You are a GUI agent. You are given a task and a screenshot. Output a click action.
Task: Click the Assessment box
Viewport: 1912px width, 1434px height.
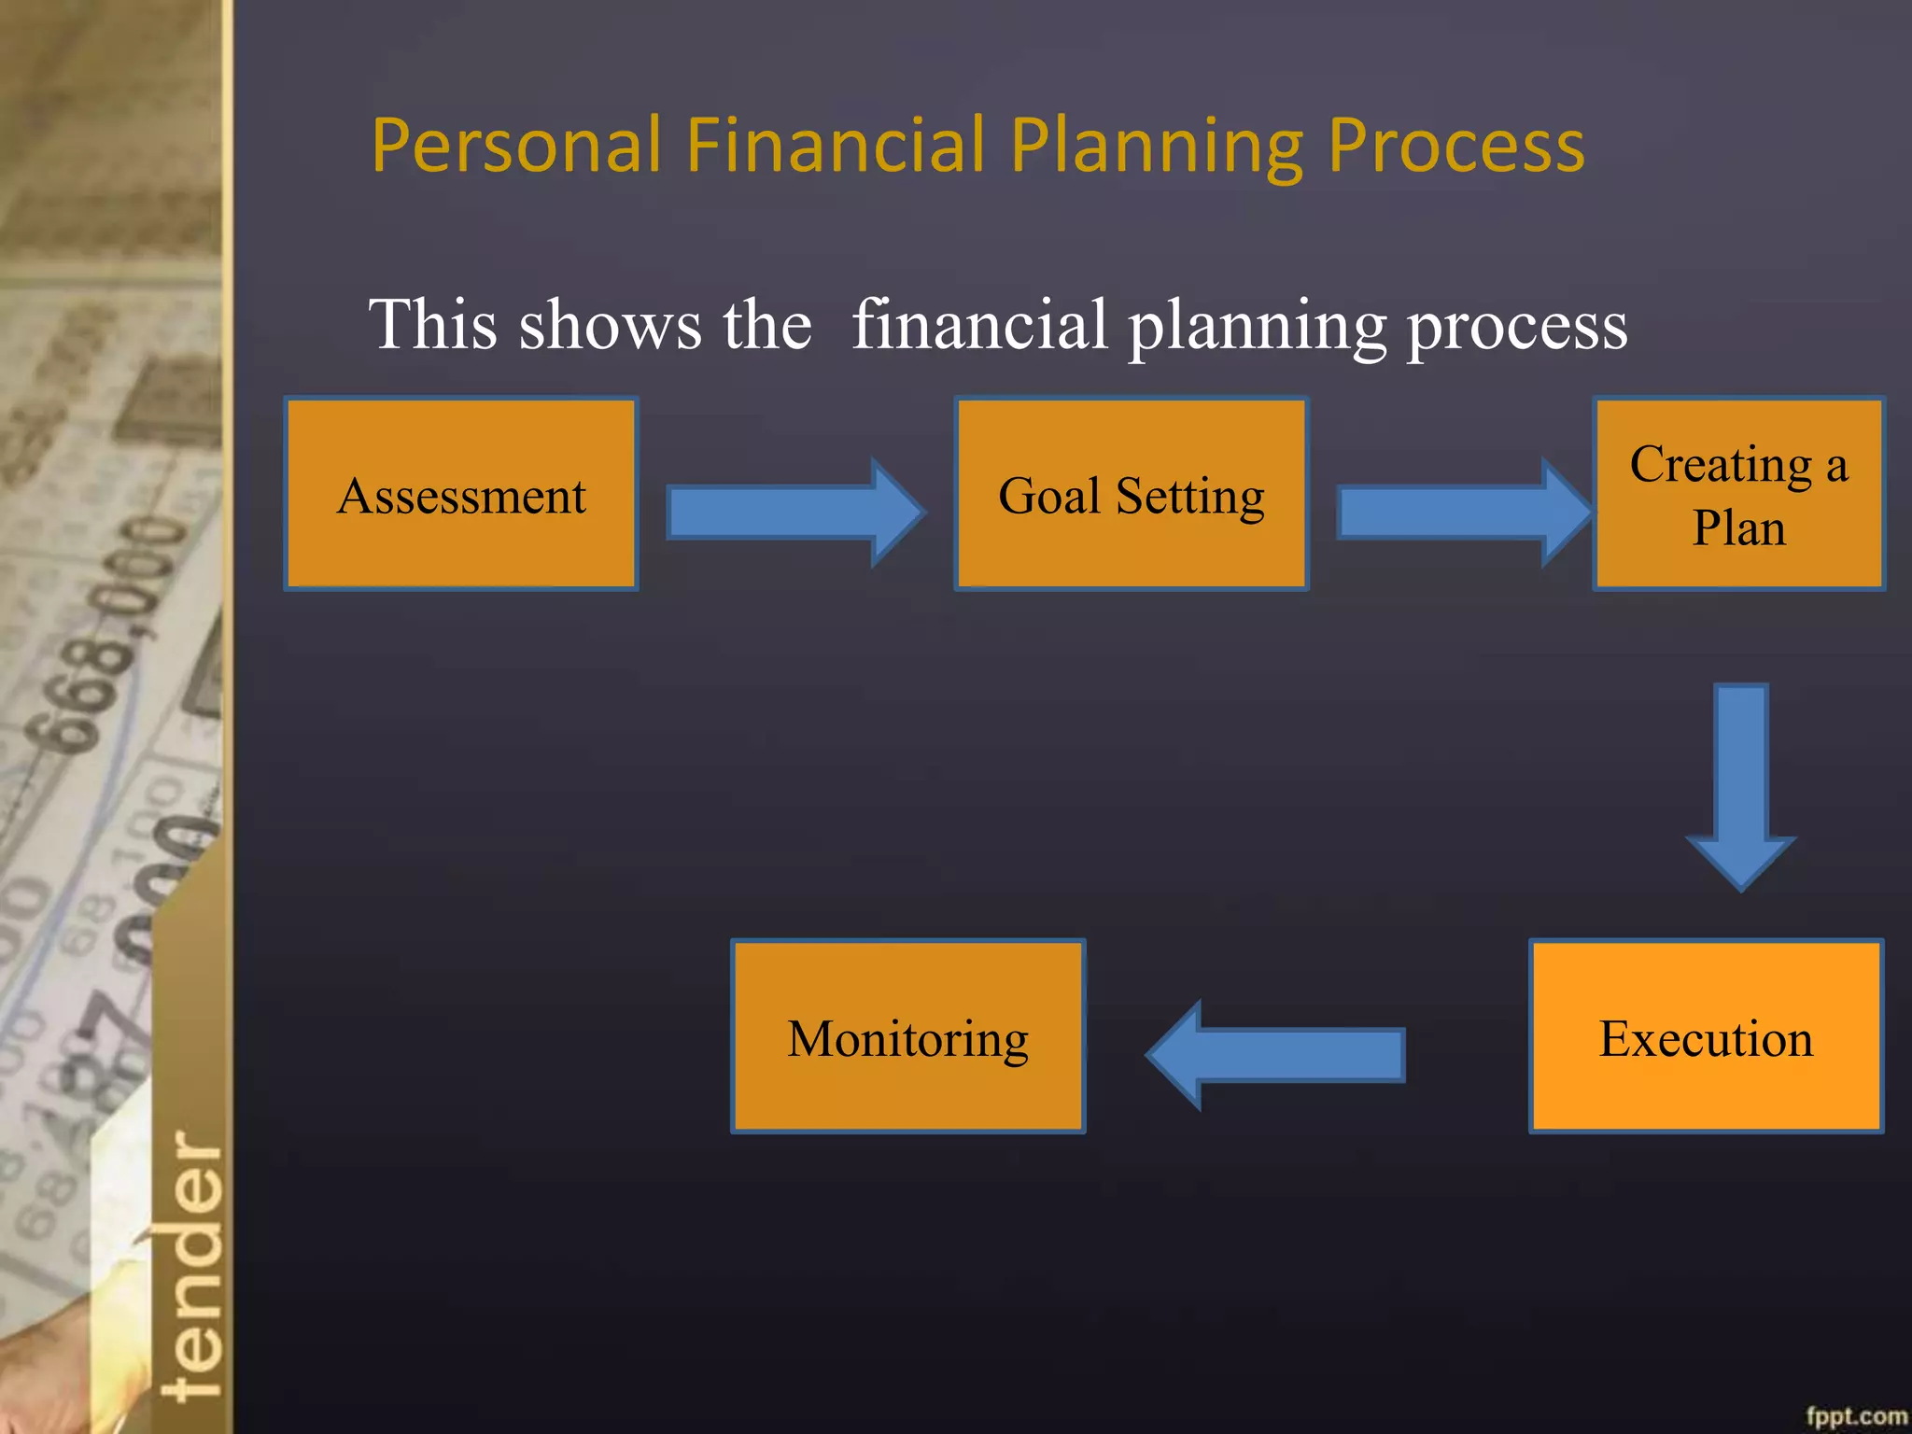(461, 494)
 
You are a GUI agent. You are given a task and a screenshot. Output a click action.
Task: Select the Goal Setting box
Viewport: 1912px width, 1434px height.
(1131, 494)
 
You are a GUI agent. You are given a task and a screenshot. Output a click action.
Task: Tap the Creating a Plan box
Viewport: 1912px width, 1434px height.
(1738, 494)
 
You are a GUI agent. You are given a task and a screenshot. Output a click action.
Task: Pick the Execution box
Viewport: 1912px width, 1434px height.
(1706, 1036)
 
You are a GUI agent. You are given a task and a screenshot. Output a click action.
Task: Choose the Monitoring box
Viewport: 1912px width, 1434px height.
(907, 1036)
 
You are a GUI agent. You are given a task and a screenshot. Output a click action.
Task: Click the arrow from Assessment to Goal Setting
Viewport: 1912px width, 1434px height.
(794, 513)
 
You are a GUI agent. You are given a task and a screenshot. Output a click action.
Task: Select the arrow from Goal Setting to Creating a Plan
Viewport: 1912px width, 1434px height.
(1461, 513)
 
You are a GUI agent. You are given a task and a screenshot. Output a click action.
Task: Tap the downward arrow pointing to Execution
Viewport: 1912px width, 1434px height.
(1740, 784)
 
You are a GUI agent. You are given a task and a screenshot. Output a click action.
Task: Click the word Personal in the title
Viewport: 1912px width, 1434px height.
(516, 146)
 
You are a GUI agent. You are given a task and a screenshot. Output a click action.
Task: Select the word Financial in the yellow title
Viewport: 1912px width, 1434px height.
(835, 146)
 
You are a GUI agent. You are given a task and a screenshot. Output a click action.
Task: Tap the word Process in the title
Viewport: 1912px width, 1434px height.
(1455, 148)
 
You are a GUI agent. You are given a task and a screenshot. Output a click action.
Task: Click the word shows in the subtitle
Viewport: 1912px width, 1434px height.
(610, 325)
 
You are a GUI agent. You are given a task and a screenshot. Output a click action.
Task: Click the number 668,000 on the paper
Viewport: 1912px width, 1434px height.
(117, 635)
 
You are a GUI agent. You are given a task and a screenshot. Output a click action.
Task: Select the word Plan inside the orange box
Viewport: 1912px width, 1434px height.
(1738, 527)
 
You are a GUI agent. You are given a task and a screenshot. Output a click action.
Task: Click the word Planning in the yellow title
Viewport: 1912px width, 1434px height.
(1156, 148)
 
